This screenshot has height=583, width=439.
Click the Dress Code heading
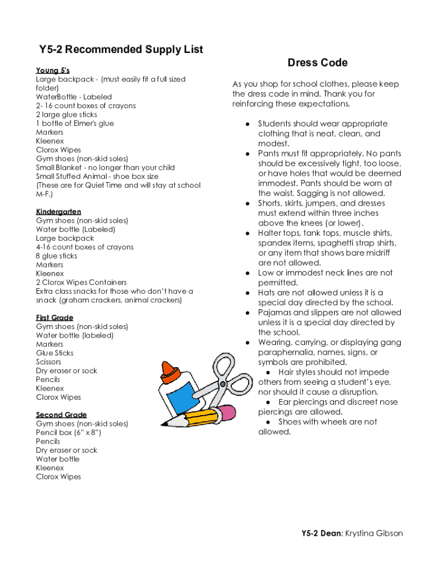[x=317, y=63]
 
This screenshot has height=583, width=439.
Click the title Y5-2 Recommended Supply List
[x=120, y=50]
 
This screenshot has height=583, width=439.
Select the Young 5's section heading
[x=52, y=71]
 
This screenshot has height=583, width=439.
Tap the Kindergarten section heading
[x=58, y=212]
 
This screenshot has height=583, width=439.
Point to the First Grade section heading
[x=54, y=318]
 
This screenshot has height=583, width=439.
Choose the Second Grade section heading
[x=61, y=414]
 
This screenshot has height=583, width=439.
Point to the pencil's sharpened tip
[x=164, y=423]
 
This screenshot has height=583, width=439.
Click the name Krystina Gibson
[x=374, y=533]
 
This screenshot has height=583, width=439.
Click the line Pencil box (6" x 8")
[x=68, y=433]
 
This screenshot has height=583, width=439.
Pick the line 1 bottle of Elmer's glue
[x=75, y=124]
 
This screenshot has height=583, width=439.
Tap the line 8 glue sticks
[x=56, y=256]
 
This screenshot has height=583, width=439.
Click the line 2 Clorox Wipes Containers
[x=81, y=282]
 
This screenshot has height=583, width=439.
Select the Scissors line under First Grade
[x=48, y=362]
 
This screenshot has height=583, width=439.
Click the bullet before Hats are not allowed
[x=247, y=293]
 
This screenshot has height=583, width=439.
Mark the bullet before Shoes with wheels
[x=268, y=422]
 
